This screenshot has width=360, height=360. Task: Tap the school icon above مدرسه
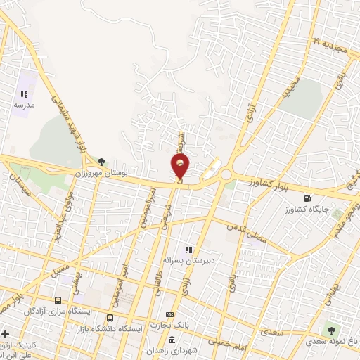click(x=24, y=94)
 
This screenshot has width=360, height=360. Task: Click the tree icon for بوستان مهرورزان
click(x=102, y=161)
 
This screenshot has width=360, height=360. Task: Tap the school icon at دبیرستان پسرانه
click(x=188, y=249)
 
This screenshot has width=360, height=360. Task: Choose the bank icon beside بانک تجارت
click(x=169, y=314)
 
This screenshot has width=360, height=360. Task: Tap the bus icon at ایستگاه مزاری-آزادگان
click(x=58, y=301)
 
